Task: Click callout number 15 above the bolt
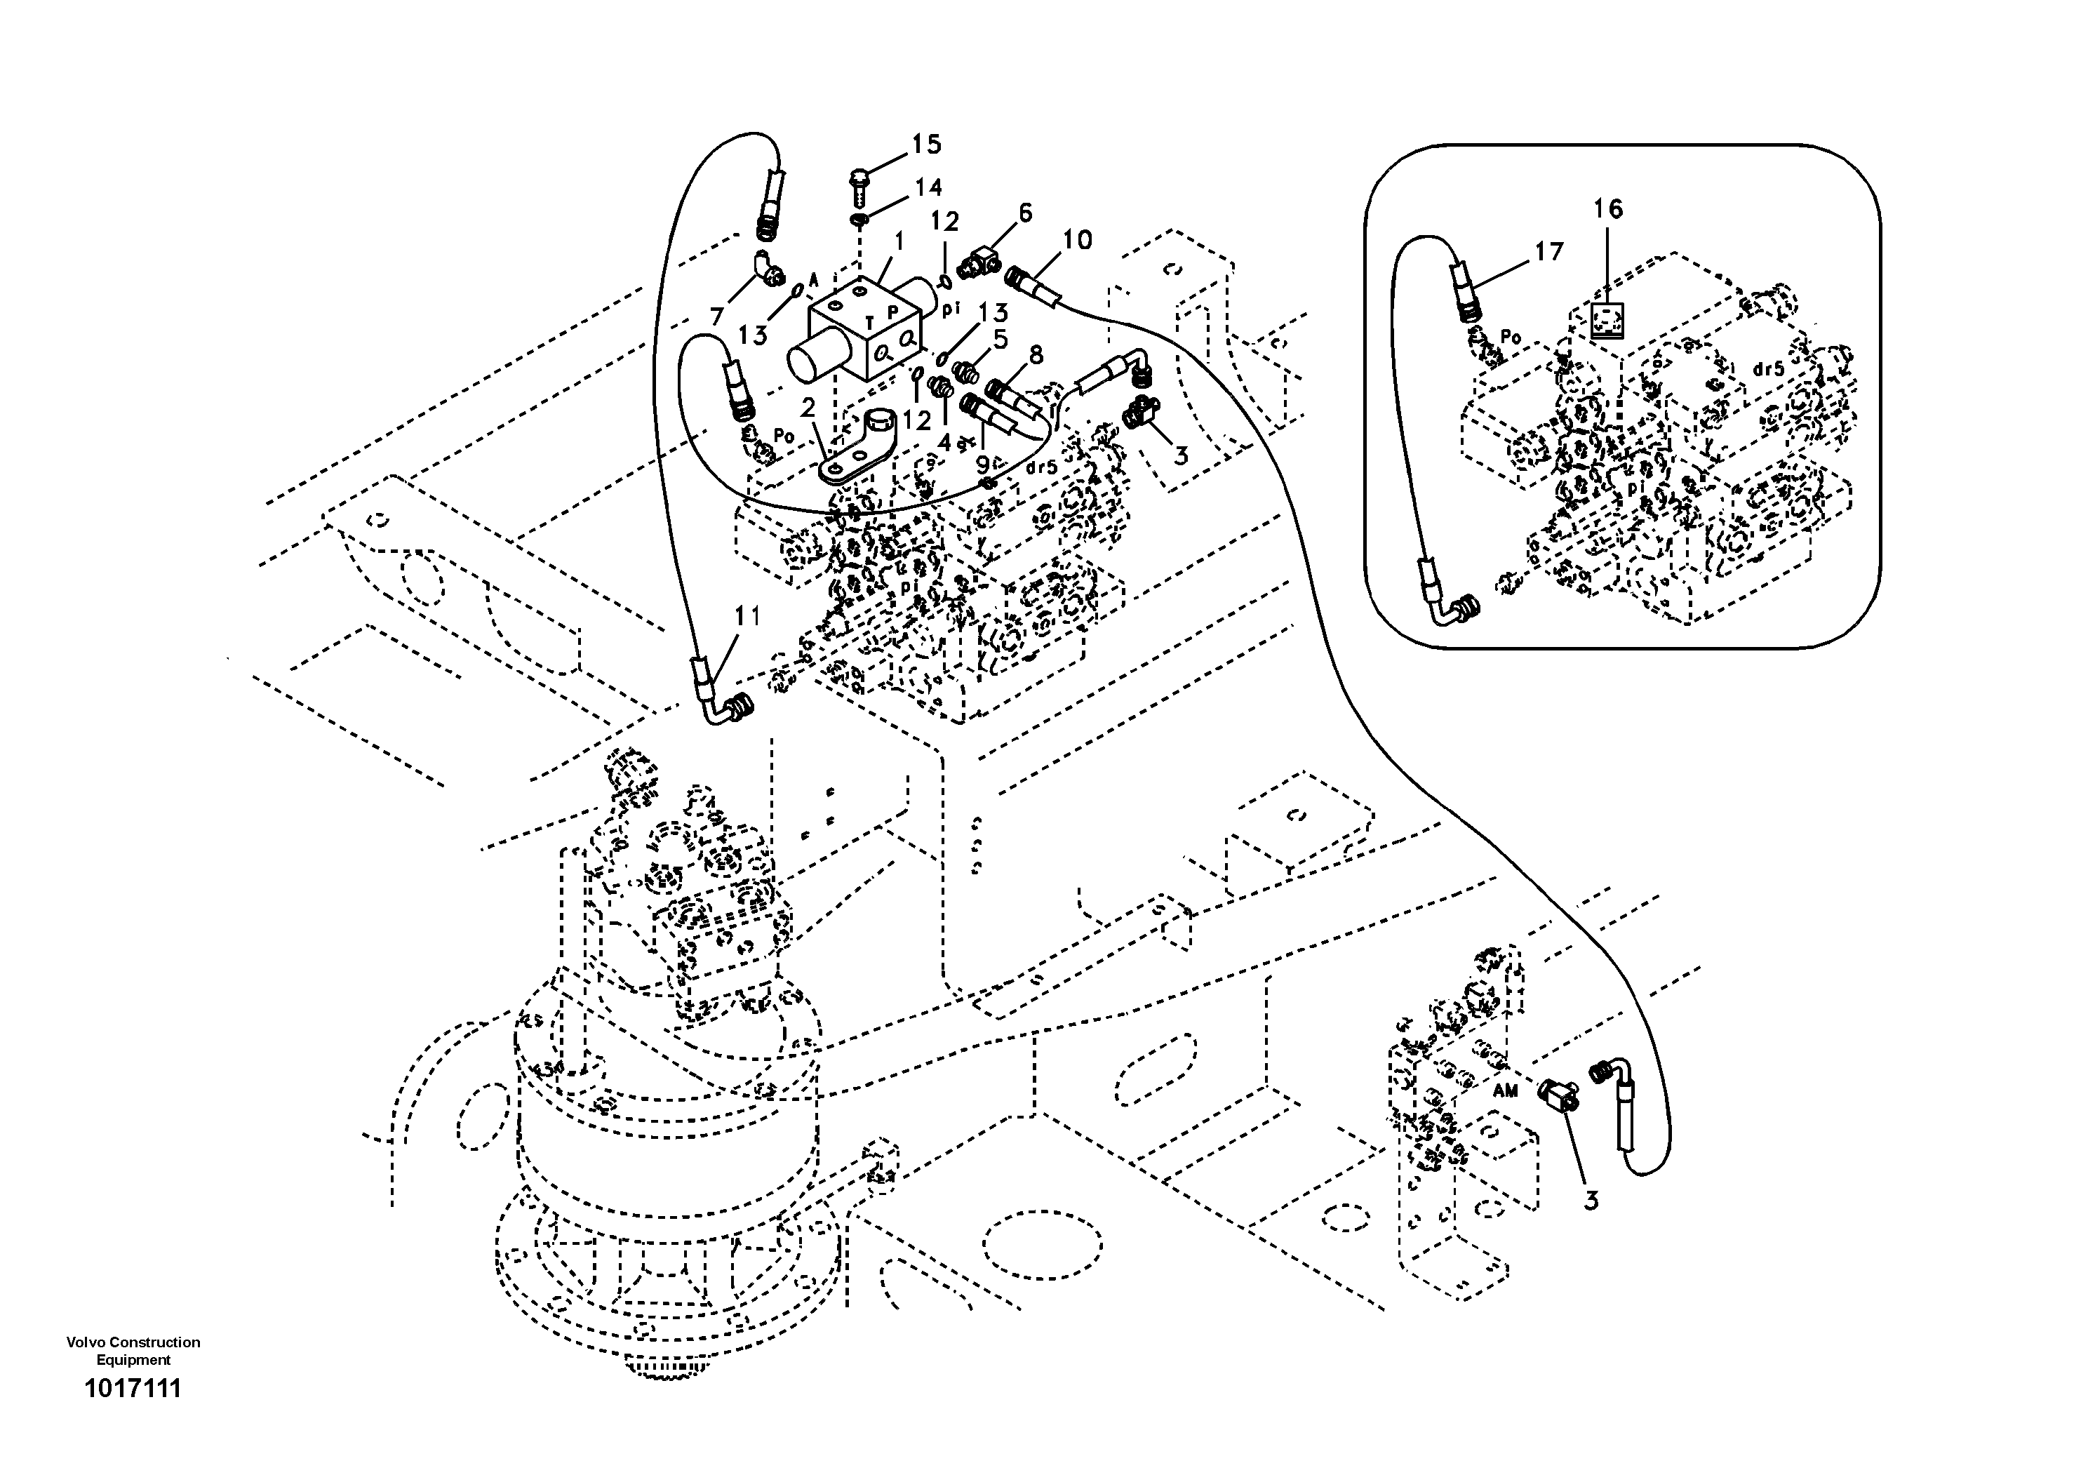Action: click(928, 145)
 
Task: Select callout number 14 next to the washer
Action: click(927, 188)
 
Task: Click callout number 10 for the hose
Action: click(1077, 240)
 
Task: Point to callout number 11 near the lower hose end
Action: click(747, 618)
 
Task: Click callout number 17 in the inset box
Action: click(1548, 252)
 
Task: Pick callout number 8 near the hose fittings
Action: click(1036, 354)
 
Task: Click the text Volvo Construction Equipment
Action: click(133, 1350)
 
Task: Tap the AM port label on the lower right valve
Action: click(1505, 1091)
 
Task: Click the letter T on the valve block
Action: click(869, 320)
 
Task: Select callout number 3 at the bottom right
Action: click(1590, 1201)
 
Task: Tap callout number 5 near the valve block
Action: click(1001, 339)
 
